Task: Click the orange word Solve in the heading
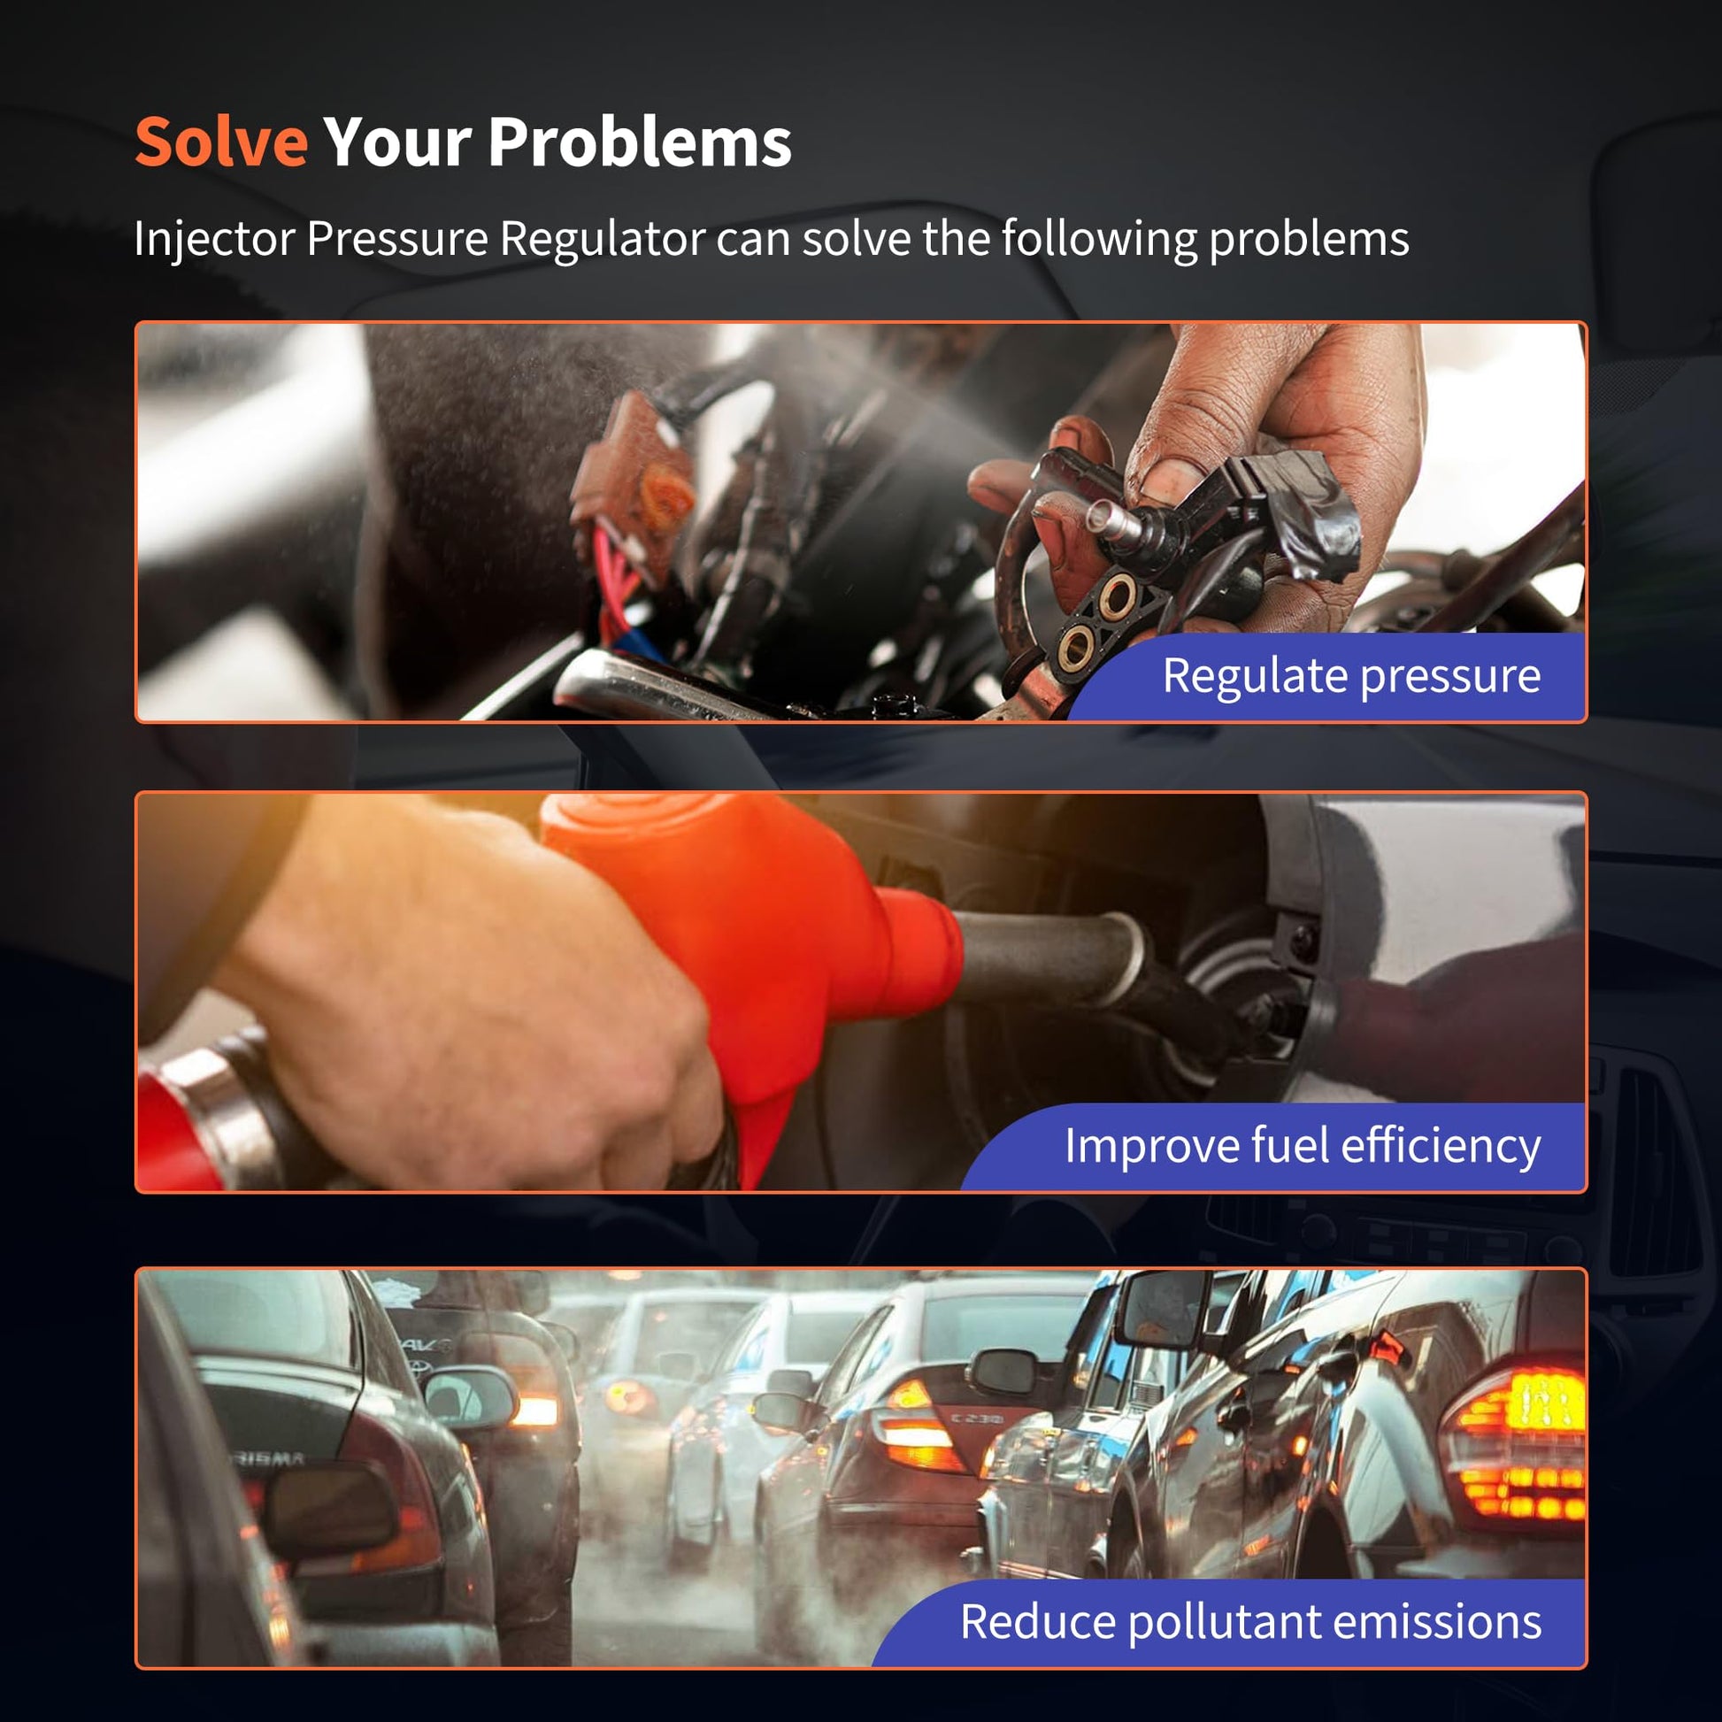(x=221, y=142)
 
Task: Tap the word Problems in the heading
(x=639, y=142)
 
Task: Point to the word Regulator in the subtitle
(x=602, y=240)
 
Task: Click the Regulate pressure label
(x=1351, y=676)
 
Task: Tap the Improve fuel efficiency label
(x=1303, y=1145)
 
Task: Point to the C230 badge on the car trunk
(x=977, y=1418)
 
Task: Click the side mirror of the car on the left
(x=471, y=1396)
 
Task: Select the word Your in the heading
(x=398, y=142)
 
